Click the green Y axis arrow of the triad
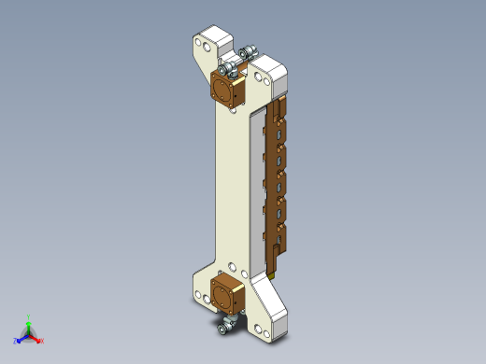click(x=29, y=320)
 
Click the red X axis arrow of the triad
click(x=39, y=340)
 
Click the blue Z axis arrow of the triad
click(x=19, y=339)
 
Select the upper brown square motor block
click(x=226, y=91)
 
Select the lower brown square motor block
click(x=227, y=293)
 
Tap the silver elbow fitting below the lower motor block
click(x=225, y=326)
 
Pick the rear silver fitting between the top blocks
click(x=248, y=54)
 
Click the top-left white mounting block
click(x=212, y=44)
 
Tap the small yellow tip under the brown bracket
click(x=271, y=274)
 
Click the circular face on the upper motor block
click(x=223, y=92)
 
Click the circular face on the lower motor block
click(x=224, y=294)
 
